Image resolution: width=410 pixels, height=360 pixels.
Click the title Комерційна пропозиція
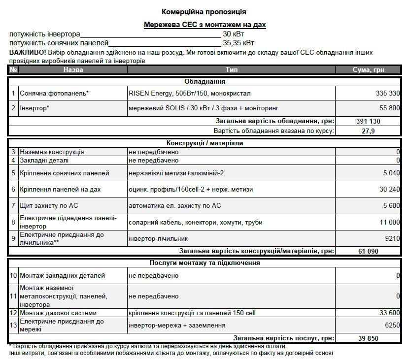click(204, 11)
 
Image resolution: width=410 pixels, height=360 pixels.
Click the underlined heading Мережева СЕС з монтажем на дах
click(205, 25)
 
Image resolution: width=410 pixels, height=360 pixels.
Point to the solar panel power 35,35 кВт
click(239, 43)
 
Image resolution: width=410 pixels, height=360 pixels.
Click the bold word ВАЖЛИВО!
click(28, 52)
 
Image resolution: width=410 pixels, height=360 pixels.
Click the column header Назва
click(73, 70)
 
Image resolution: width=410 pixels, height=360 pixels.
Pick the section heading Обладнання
click(205, 82)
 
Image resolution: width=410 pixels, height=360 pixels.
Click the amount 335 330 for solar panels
click(387, 93)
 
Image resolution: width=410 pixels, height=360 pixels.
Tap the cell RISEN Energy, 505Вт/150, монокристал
click(190, 93)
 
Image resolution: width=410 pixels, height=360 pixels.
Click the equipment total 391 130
click(368, 121)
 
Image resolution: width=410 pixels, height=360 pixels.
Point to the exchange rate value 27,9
click(368, 131)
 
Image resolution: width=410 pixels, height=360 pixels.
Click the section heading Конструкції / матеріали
click(205, 143)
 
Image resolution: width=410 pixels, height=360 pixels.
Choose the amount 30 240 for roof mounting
click(389, 189)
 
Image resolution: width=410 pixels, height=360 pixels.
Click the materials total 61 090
click(368, 252)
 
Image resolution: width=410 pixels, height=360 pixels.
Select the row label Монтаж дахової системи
click(58, 313)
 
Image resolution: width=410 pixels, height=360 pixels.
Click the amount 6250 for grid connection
click(392, 325)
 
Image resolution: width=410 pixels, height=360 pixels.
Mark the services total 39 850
click(368, 338)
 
